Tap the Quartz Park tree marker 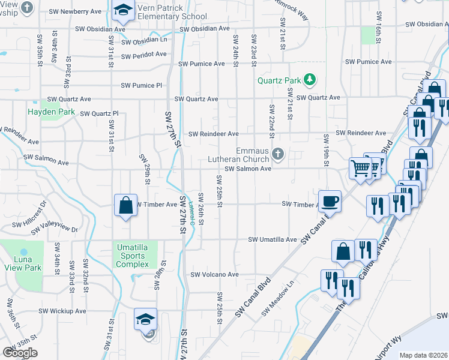[310, 79]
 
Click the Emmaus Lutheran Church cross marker [277, 154]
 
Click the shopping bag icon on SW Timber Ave [125, 205]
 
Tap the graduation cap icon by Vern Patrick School [122, 10]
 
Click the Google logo [20, 353]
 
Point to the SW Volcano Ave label [214, 275]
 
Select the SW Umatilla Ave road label [273, 239]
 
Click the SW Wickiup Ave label [62, 311]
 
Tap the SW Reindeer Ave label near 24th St [213, 134]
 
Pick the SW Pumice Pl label [141, 85]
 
